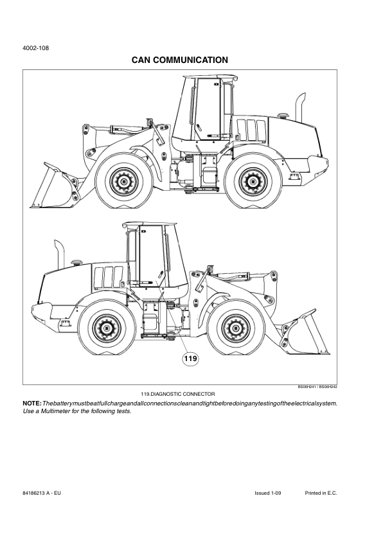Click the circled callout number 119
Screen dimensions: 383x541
click(190, 359)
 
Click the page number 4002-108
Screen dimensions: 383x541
click(35, 48)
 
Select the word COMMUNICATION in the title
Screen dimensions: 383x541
click(190, 60)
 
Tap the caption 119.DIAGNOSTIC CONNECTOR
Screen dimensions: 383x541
click(178, 394)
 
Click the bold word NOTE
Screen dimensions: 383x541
click(32, 404)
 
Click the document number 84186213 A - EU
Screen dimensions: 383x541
click(41, 493)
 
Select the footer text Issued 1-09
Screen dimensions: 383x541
click(268, 493)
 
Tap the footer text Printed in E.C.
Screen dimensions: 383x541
click(321, 493)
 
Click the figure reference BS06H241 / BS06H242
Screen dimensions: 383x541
click(317, 387)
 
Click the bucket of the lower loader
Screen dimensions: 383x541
click(305, 332)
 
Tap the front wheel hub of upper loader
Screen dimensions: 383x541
click(124, 181)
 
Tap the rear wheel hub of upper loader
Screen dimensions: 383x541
click(254, 181)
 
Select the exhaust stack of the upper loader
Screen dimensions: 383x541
click(299, 107)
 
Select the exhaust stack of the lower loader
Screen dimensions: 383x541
click(59, 253)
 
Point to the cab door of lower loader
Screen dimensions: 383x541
click(152, 256)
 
